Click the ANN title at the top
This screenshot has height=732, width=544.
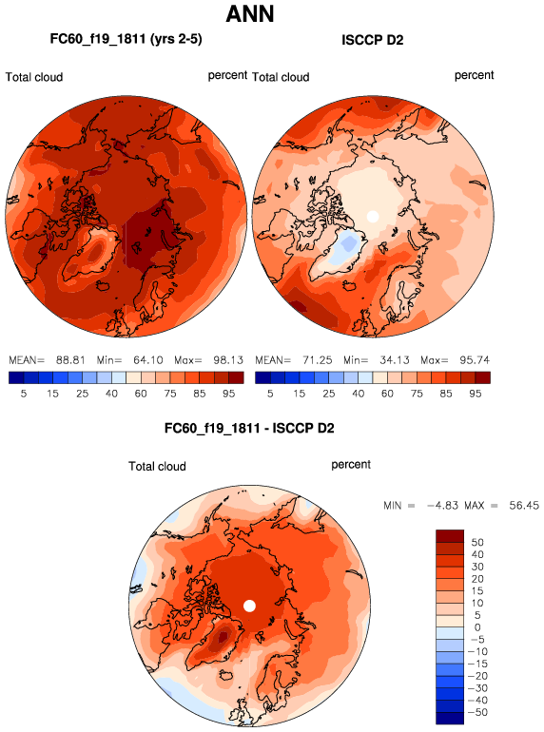point(250,13)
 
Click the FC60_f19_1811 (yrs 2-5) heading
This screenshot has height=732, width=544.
point(126,39)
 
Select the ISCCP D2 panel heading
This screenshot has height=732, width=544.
point(372,40)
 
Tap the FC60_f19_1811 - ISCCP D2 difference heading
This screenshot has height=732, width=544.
point(249,428)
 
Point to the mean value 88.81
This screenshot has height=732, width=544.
point(70,360)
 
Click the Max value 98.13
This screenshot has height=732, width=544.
point(228,360)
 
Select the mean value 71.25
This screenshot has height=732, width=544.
point(317,360)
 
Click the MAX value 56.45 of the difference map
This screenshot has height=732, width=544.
point(524,506)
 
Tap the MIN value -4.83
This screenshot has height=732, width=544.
point(442,506)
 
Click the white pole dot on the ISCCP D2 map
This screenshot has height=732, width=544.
point(373,217)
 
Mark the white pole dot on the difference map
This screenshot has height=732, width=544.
point(250,606)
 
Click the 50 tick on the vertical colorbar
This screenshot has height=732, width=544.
point(477,543)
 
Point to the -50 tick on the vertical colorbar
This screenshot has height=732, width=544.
point(477,712)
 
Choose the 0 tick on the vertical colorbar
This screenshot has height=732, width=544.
point(477,627)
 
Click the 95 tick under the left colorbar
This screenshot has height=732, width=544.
point(229,394)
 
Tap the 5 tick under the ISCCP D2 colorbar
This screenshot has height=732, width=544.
point(270,394)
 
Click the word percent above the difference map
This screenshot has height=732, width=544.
point(351,465)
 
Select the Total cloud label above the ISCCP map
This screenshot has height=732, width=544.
point(281,77)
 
